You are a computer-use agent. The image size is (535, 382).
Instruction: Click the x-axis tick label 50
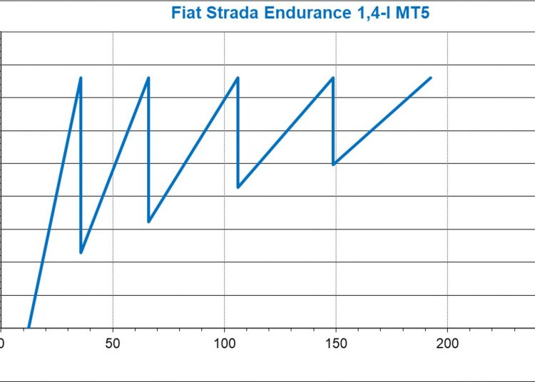click(x=113, y=343)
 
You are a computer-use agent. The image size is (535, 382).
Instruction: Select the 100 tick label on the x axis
click(x=224, y=343)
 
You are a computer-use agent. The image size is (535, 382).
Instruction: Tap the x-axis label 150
click(x=335, y=343)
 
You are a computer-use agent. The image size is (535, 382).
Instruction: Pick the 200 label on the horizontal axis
click(x=447, y=343)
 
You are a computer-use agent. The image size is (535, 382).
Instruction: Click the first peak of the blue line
click(x=81, y=78)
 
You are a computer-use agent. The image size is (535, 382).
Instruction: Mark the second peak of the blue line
click(x=148, y=78)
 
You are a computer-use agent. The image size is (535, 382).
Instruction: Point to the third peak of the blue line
click(x=238, y=78)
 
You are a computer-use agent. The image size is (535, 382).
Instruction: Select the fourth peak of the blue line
click(x=333, y=78)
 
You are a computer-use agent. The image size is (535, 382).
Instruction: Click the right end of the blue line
click(x=431, y=78)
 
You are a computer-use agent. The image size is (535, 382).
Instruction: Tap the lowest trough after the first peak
click(x=81, y=252)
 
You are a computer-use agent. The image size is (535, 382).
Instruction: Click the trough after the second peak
click(x=148, y=222)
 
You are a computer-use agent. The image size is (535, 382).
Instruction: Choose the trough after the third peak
click(x=238, y=187)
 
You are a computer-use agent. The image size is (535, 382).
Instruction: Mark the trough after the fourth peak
click(x=333, y=164)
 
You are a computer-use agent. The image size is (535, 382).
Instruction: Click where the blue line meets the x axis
click(x=29, y=328)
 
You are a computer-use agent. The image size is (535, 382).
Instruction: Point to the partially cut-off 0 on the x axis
click(x=2, y=343)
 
